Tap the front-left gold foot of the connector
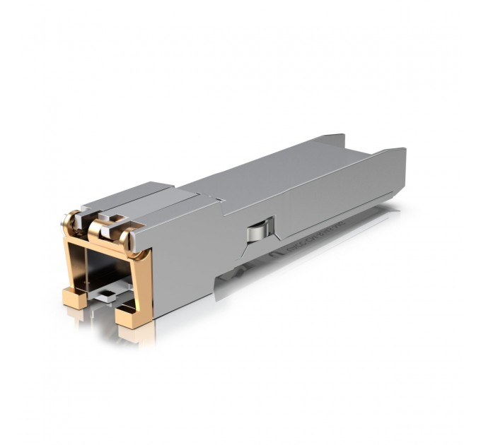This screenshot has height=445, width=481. pos(74,297)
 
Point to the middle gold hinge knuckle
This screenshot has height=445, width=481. pos(97,227)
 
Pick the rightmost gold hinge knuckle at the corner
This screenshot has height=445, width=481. pos(132,240)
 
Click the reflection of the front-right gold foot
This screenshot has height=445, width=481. pos(138,338)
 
